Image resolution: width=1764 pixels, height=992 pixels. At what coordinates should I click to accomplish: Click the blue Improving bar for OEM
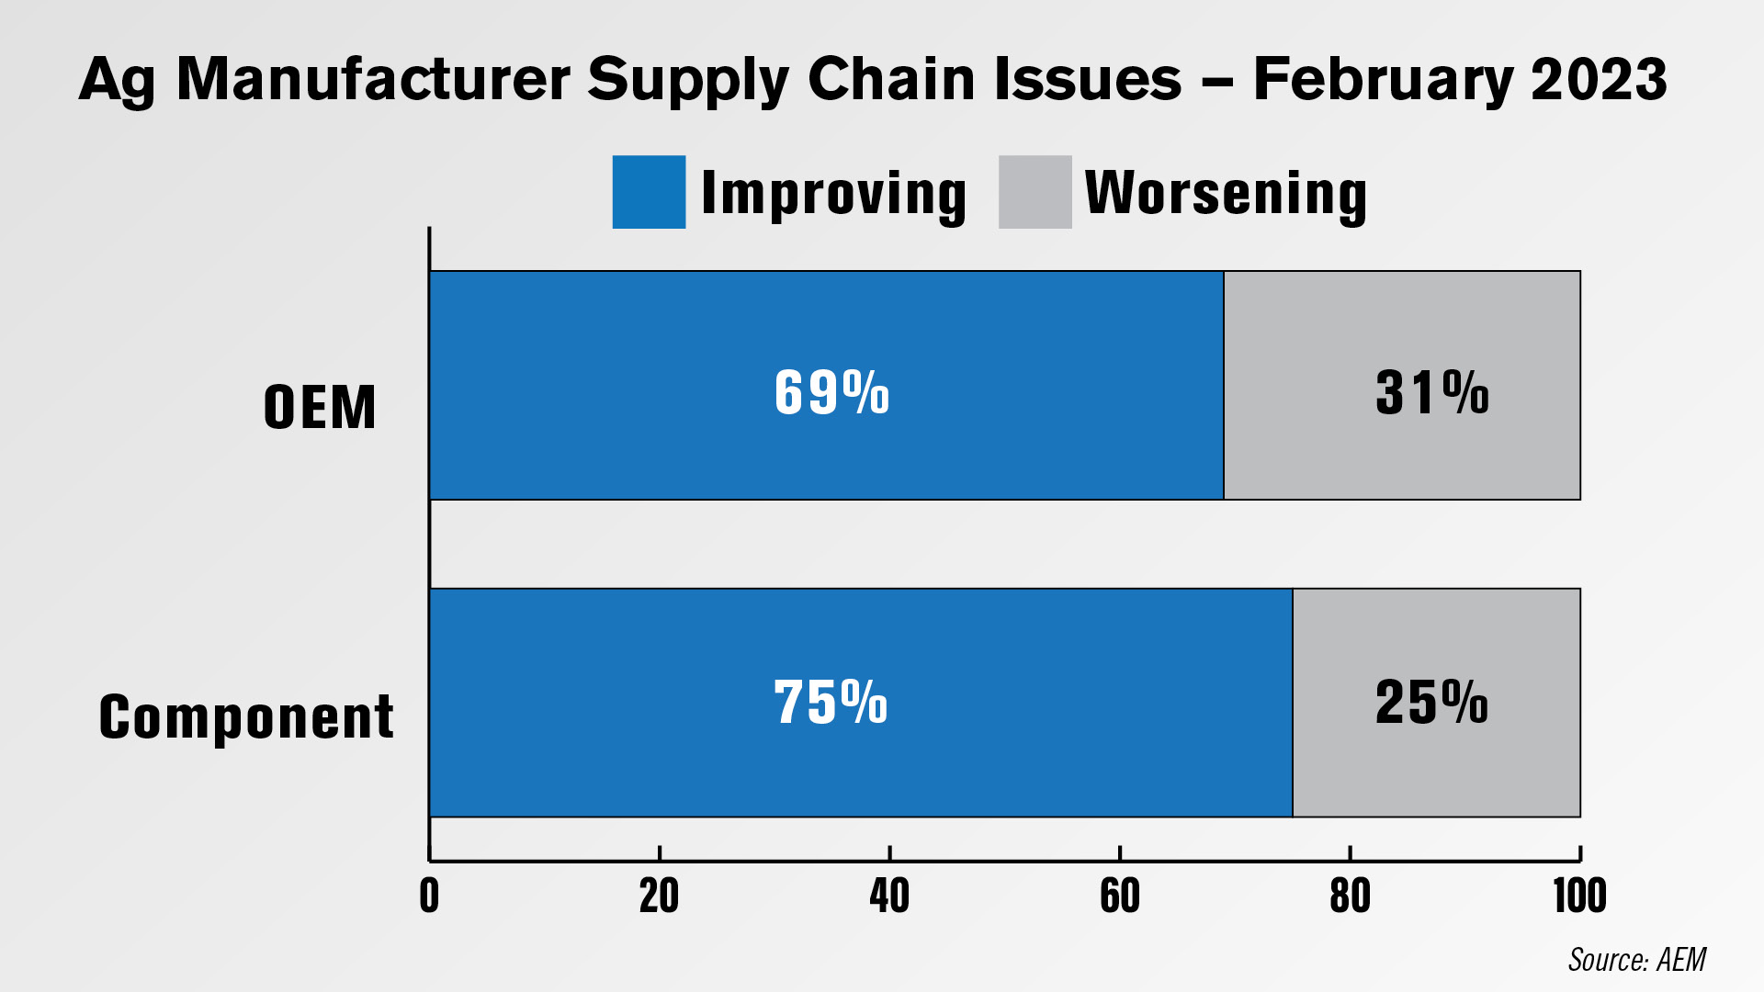pyautogui.click(x=826, y=385)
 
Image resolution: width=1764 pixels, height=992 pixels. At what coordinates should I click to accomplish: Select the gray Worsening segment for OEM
pyautogui.click(x=1402, y=385)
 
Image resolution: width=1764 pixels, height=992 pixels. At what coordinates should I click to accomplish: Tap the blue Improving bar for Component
pyautogui.click(x=861, y=703)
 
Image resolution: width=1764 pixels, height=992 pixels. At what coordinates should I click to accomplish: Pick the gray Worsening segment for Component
pyautogui.click(x=1437, y=703)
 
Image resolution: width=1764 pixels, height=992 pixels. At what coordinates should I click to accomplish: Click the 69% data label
pyautogui.click(x=831, y=393)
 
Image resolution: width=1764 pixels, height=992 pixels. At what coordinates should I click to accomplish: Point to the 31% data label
pyautogui.click(x=1432, y=393)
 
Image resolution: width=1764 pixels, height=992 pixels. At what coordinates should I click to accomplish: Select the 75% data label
pyautogui.click(x=831, y=703)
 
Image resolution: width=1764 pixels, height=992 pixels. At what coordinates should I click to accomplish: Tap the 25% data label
pyautogui.click(x=1431, y=703)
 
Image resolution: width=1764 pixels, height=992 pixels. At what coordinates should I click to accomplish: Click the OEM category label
pyautogui.click(x=320, y=407)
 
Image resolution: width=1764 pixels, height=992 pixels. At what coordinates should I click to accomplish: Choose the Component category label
pyautogui.click(x=246, y=717)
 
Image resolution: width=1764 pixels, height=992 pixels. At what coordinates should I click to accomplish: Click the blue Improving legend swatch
pyautogui.click(x=649, y=192)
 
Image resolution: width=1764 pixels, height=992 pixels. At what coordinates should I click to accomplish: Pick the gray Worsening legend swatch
pyautogui.click(x=1035, y=192)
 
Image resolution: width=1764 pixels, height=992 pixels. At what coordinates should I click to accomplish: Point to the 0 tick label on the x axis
pyautogui.click(x=429, y=896)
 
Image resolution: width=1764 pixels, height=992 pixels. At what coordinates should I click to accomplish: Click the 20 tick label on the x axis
pyautogui.click(x=660, y=896)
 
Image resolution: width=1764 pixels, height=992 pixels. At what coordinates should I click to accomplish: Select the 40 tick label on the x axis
pyautogui.click(x=889, y=896)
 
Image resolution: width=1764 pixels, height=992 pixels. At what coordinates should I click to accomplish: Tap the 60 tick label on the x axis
pyautogui.click(x=1120, y=896)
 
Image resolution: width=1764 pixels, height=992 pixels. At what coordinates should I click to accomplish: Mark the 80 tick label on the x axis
pyautogui.click(x=1351, y=896)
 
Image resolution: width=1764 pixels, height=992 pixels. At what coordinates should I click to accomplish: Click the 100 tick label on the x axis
pyautogui.click(x=1580, y=896)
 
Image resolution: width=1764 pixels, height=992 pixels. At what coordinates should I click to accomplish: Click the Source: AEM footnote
pyautogui.click(x=1637, y=960)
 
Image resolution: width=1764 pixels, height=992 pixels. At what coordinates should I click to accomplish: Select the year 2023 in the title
pyautogui.click(x=1599, y=79)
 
